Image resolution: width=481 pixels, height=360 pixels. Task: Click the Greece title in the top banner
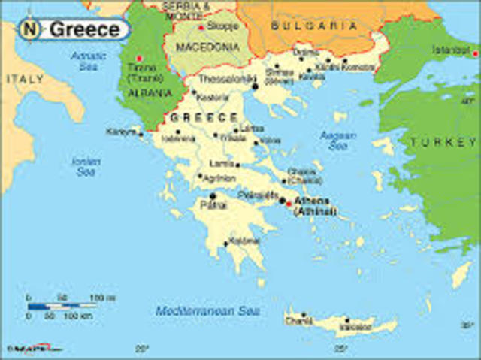click(x=84, y=30)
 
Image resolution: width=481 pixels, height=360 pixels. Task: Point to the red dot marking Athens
click(x=289, y=203)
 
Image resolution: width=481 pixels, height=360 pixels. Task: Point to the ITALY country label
click(x=25, y=78)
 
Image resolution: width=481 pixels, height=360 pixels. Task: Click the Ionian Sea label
click(x=83, y=166)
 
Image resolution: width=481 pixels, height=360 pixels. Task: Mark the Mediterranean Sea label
click(x=202, y=310)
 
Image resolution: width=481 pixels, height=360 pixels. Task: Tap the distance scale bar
click(x=60, y=306)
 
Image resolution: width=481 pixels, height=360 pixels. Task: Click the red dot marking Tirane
click(x=139, y=58)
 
